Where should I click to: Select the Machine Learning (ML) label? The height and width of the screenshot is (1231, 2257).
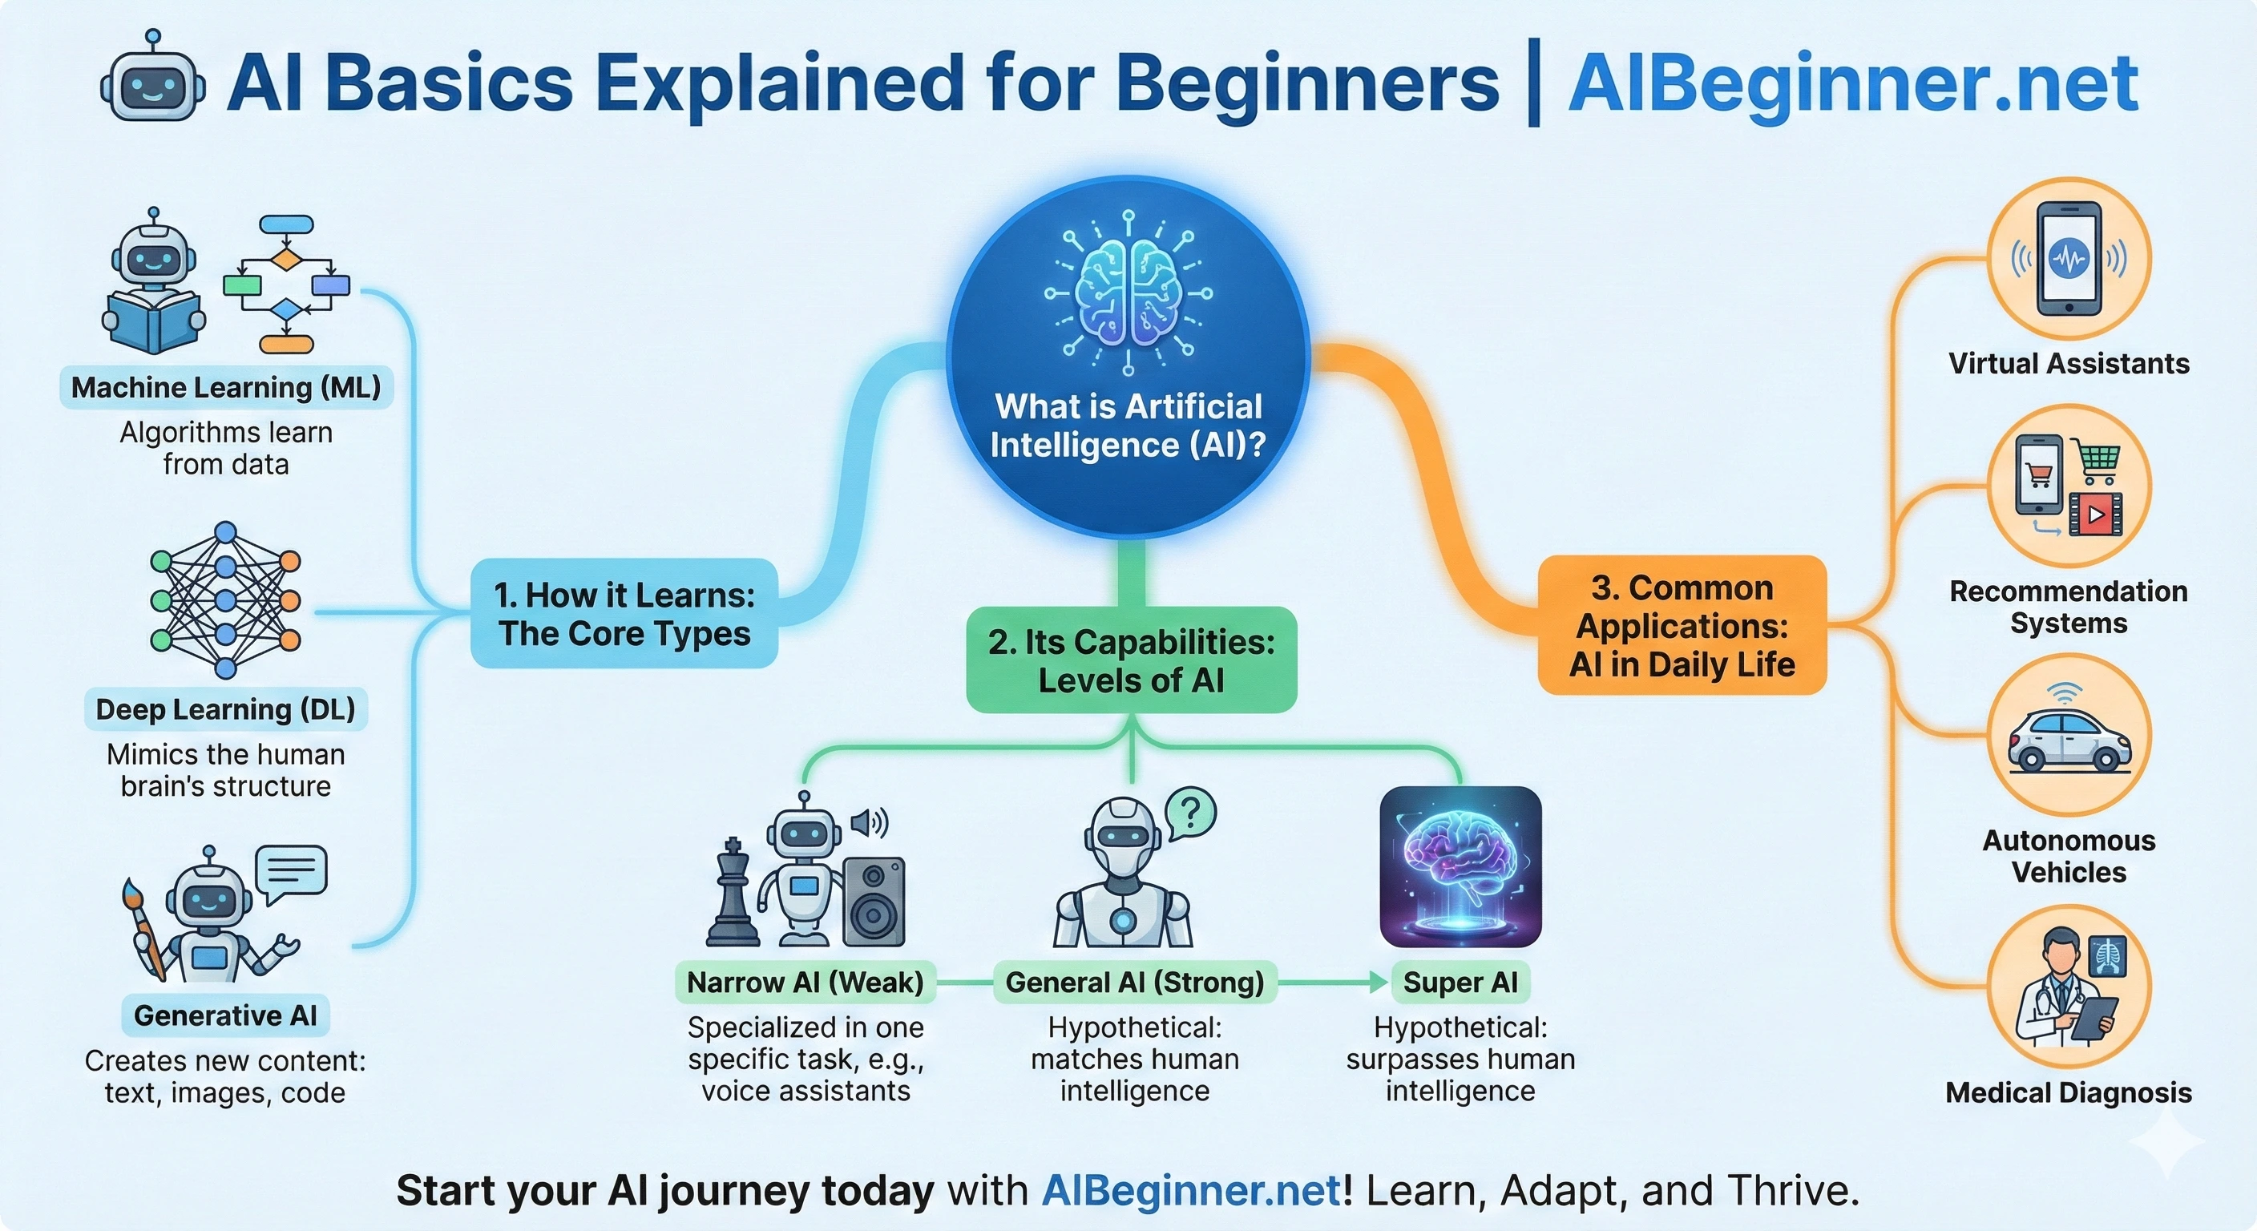coord(226,387)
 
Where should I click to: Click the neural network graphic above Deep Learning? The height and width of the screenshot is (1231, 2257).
coord(225,600)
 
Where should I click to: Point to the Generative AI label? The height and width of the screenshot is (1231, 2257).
coord(225,1015)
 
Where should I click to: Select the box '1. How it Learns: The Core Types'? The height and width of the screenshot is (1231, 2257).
coord(624,614)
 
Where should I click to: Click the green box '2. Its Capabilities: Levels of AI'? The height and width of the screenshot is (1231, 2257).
coord(1131,660)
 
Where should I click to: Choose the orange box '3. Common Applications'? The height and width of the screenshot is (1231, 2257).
coord(1682,626)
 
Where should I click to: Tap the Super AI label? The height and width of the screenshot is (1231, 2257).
coord(1460,983)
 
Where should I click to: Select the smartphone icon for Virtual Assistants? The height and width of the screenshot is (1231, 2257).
coord(2069,259)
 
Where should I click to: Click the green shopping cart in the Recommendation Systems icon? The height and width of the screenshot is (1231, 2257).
coord(2098,463)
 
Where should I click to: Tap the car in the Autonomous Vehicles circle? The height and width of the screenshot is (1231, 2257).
coord(2069,741)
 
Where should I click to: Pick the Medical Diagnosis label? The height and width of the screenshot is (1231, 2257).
coord(2068,1092)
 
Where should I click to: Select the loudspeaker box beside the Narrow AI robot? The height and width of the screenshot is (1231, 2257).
coord(874,902)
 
